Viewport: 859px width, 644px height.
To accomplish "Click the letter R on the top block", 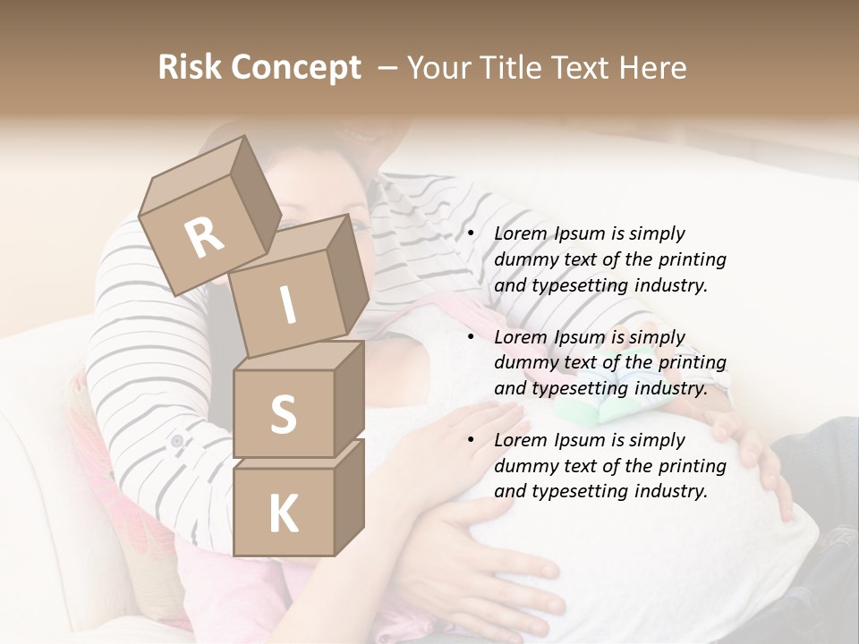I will click(x=204, y=239).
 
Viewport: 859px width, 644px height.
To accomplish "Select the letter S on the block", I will click(x=283, y=414).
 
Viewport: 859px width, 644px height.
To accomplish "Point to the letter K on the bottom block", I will click(x=283, y=514).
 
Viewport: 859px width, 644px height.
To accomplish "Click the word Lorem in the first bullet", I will click(x=519, y=234).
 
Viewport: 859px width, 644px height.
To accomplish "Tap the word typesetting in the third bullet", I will click(x=577, y=492).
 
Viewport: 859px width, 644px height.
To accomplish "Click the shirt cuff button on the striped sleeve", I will click(x=176, y=440).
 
